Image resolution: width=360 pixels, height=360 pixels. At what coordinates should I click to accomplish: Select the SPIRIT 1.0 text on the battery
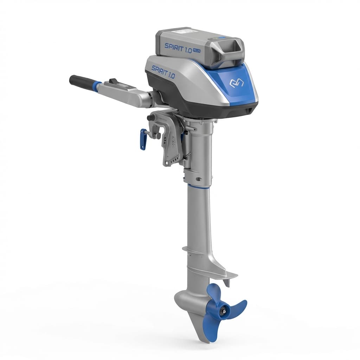178,48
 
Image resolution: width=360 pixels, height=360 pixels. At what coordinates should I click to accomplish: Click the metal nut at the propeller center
222,311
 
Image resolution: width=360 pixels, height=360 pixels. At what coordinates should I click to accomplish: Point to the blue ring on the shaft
198,186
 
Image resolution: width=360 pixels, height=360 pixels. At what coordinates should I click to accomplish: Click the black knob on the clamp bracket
151,117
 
